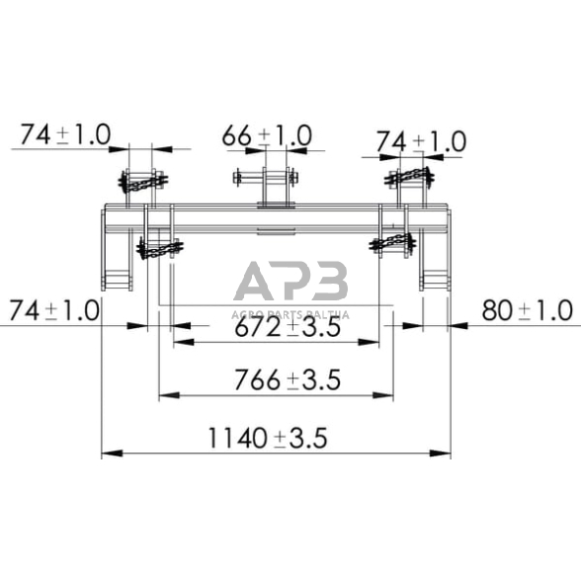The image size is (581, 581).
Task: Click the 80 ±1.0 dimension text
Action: point(527,310)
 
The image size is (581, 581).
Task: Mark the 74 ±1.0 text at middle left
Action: point(53,310)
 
